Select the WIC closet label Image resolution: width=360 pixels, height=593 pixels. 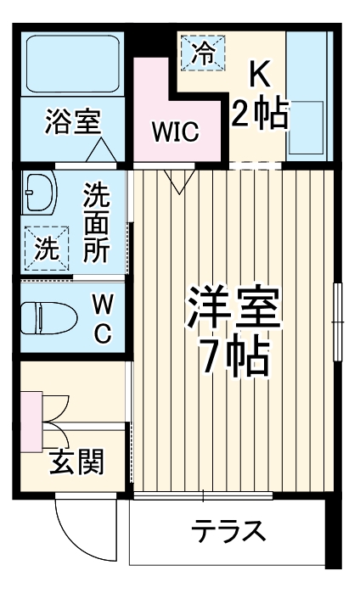pyautogui.click(x=175, y=131)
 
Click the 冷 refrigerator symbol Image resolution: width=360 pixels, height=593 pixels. pyautogui.click(x=203, y=53)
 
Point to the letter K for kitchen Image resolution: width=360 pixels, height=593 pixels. pyautogui.click(x=258, y=77)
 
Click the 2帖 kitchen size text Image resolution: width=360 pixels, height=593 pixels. pyautogui.click(x=259, y=114)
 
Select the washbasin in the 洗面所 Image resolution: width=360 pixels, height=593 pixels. pyautogui.click(x=38, y=194)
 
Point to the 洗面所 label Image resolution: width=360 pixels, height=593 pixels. pyautogui.click(x=95, y=222)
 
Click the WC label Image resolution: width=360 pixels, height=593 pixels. pyautogui.click(x=102, y=317)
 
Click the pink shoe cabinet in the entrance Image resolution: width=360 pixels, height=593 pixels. pyautogui.click(x=31, y=421)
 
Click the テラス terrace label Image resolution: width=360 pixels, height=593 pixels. pyautogui.click(x=228, y=533)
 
